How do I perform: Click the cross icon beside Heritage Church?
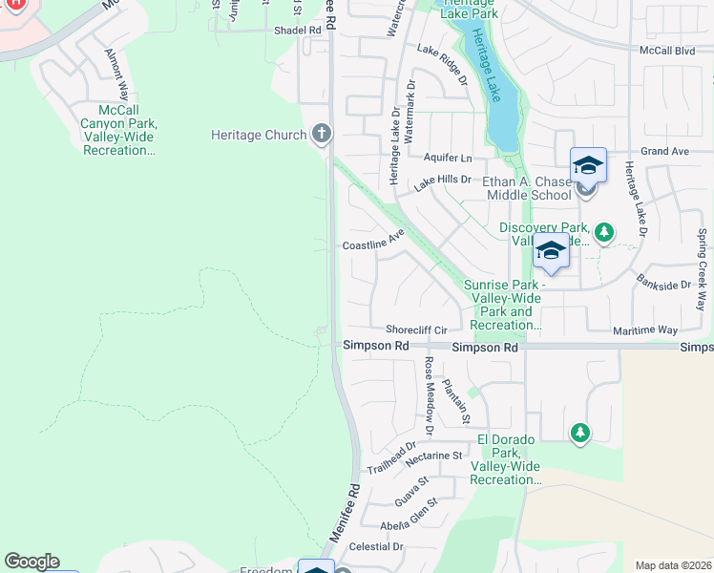point(321,135)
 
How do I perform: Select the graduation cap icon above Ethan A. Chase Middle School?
point(588,165)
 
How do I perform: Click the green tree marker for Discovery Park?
point(603,232)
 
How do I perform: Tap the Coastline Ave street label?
point(374,245)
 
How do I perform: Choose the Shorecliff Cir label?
point(416,329)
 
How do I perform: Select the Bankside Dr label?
point(663,285)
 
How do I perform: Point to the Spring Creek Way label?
point(702,270)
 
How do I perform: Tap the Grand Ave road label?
point(664,152)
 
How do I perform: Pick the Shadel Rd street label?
point(297,31)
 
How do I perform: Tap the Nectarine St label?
point(433,456)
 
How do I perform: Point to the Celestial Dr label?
point(377,546)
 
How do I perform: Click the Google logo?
point(31,562)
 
